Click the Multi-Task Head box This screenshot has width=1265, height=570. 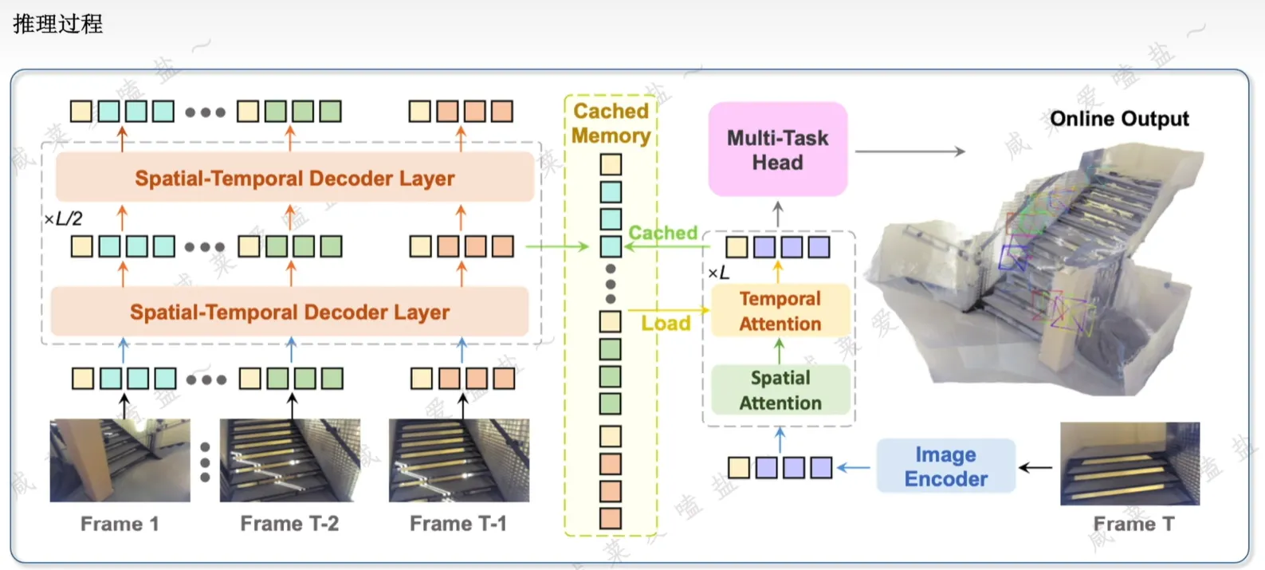pyautogui.click(x=777, y=149)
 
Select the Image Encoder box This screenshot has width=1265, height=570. pyautogui.click(x=945, y=466)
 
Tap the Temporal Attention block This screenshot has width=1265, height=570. pyautogui.click(x=780, y=311)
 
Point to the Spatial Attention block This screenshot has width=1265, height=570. pyautogui.click(x=780, y=390)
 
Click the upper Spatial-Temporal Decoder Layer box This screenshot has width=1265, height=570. pyautogui.click(x=294, y=178)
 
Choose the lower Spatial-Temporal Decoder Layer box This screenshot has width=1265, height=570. pyautogui.click(x=289, y=312)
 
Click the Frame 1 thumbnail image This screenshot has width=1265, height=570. pyautogui.click(x=120, y=461)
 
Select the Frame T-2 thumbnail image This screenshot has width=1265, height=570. pyautogui.click(x=289, y=461)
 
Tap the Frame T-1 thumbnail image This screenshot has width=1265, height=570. pyautogui.click(x=458, y=461)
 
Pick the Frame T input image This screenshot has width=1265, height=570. pyautogui.click(x=1129, y=464)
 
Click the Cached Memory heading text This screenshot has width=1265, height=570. pyautogui.click(x=611, y=123)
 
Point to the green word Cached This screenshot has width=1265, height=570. pyautogui.click(x=662, y=233)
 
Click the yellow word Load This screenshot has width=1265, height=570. pyautogui.click(x=666, y=323)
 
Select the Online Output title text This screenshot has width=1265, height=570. pyautogui.click(x=1119, y=119)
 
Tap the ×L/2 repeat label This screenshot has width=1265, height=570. pyautogui.click(x=64, y=218)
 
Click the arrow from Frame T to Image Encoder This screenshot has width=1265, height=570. pyautogui.click(x=1035, y=467)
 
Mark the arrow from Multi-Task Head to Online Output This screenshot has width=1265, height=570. pyautogui.click(x=909, y=151)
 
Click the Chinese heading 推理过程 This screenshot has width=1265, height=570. pyautogui.click(x=57, y=24)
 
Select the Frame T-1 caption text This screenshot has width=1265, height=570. pyautogui.click(x=458, y=524)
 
